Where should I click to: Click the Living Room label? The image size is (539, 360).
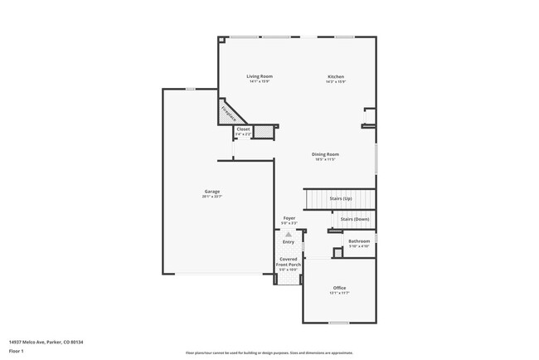260,76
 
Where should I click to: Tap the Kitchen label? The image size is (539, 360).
335,76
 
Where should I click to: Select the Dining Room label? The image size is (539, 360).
325,154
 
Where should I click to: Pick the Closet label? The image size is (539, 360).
243,129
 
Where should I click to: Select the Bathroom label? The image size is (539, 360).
359,241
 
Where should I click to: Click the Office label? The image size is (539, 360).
339,287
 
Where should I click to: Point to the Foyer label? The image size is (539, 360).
289,218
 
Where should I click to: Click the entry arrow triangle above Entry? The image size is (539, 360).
288,234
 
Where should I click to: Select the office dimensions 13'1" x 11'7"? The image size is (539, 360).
339,293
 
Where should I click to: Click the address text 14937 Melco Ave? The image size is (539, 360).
46,341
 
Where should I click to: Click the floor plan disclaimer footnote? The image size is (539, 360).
269,353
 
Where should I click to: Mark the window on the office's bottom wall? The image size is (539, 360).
338,323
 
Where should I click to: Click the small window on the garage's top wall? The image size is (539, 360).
190,89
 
